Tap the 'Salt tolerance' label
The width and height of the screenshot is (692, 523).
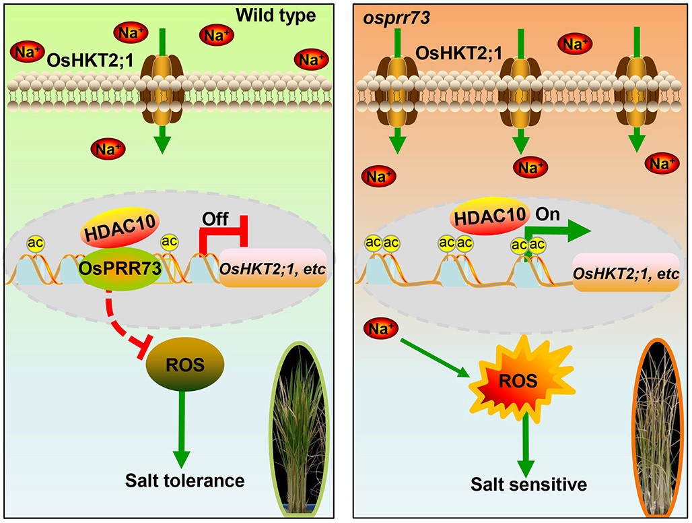click(x=184, y=481)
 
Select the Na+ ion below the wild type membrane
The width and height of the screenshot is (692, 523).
click(x=108, y=148)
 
